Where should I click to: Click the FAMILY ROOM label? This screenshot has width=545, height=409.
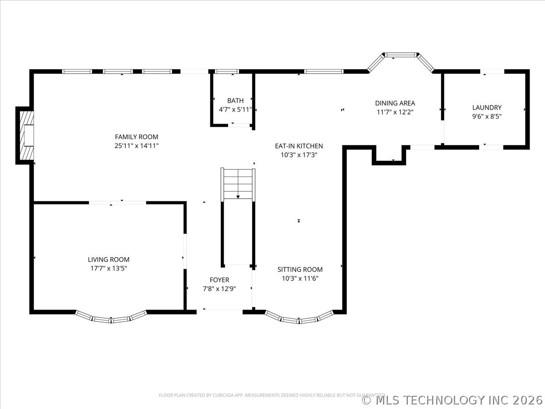tap(136, 137)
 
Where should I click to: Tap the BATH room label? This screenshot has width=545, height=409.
tap(235, 100)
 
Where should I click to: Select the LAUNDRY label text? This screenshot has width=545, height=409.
tap(487, 108)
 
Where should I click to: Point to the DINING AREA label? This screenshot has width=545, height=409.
tap(395, 103)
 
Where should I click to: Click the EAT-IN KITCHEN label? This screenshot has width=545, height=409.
tap(299, 146)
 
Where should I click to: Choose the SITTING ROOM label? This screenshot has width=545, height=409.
tap(300, 269)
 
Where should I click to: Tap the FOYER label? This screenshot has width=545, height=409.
tap(219, 280)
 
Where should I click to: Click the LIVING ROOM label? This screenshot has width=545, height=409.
tap(109, 259)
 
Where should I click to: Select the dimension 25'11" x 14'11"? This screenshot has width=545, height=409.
tap(136, 146)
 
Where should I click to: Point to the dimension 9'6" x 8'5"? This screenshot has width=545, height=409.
tap(487, 116)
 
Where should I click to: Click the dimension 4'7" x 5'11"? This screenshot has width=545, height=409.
tap(235, 110)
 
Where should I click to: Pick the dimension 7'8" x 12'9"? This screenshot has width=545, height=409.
tap(219, 289)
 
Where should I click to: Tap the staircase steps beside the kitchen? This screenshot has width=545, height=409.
tap(238, 184)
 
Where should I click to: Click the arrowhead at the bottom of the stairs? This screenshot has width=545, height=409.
tap(238, 197)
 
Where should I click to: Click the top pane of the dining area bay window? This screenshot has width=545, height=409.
tap(401, 55)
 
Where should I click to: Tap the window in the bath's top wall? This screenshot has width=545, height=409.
tap(227, 71)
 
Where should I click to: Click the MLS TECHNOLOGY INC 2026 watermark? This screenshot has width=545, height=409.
tap(452, 400)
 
